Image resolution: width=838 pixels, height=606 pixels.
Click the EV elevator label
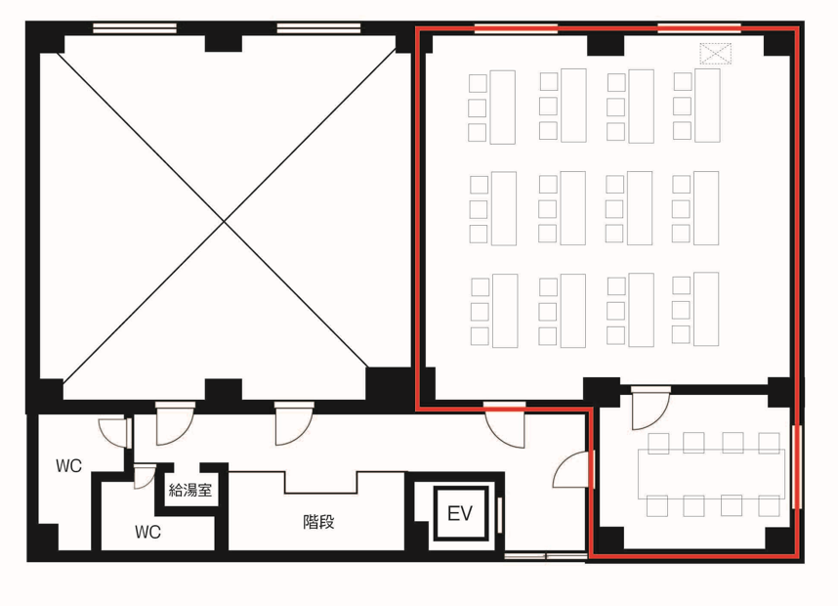pos(460,513)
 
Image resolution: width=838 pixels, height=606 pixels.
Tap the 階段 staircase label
pos(318,522)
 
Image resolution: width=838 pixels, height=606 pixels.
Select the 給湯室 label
pos(190,490)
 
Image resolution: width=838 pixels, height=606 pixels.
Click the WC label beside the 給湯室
pos(147,532)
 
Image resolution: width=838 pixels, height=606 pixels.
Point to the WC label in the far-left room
pos(69,466)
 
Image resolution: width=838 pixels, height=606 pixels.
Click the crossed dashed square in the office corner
pos(715,54)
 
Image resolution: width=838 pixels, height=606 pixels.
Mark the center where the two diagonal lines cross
pos(224,220)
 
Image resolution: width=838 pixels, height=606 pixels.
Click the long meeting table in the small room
pos(711,474)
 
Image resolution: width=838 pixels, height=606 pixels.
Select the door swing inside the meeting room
pos(649,409)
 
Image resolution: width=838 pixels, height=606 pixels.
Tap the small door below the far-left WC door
pos(145,477)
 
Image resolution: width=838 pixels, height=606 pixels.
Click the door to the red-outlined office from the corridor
pos(505,424)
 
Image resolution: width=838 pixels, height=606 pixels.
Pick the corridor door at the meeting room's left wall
pos(574,470)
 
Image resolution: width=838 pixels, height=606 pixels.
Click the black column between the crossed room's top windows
pos(224,43)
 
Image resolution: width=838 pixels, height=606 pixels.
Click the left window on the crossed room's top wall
pos(135,28)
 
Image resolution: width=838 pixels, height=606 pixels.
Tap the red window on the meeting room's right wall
pos(797,466)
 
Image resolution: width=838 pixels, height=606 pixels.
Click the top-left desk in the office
pos(503,107)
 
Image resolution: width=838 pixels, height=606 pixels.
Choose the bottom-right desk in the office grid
pos(706,309)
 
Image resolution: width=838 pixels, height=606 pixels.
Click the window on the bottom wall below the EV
pos(546,557)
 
